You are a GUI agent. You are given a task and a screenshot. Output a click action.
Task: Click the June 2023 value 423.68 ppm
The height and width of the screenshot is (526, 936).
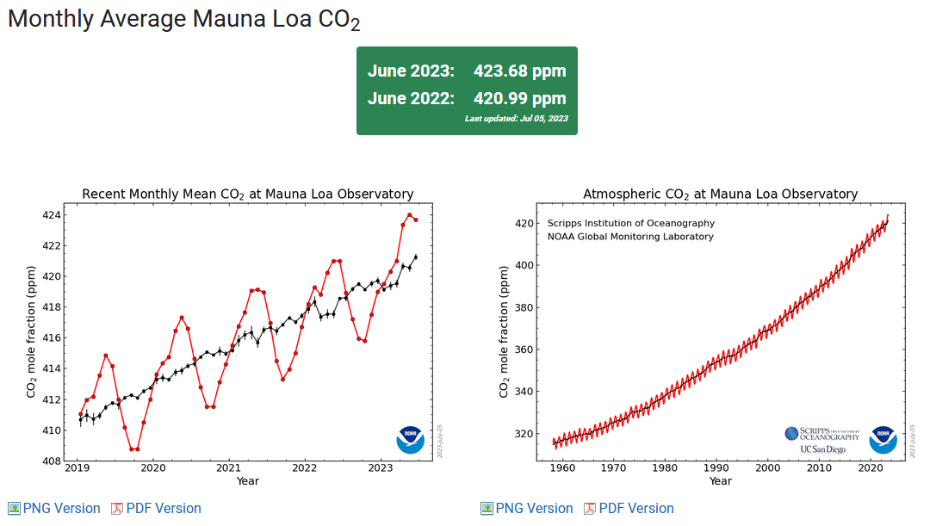pyautogui.click(x=519, y=71)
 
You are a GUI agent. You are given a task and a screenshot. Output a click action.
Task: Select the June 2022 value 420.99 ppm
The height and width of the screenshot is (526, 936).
pyautogui.click(x=519, y=98)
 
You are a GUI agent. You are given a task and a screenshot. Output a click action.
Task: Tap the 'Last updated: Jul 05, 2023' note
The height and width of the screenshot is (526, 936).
pyautogui.click(x=516, y=119)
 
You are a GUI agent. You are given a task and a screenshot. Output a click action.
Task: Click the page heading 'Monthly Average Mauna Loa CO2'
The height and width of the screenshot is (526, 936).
pyautogui.click(x=183, y=20)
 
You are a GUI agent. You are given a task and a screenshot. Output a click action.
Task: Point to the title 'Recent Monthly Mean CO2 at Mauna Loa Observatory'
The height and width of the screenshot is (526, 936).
pyautogui.click(x=247, y=195)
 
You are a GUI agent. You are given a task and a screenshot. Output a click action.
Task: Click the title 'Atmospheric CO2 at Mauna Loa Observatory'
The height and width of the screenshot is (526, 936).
pyautogui.click(x=720, y=195)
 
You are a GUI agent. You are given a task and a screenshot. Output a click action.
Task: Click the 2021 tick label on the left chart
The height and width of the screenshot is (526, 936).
pyautogui.click(x=228, y=468)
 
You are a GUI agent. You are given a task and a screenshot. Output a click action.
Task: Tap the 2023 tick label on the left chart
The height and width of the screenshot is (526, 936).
pyautogui.click(x=381, y=468)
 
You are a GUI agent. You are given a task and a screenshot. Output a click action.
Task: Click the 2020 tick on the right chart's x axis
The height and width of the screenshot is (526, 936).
pyautogui.click(x=870, y=468)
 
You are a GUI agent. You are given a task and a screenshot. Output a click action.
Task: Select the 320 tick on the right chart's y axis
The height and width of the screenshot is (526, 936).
pyautogui.click(x=524, y=434)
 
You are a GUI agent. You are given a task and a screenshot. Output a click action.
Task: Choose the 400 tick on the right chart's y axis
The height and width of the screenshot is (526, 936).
pyautogui.click(x=524, y=265)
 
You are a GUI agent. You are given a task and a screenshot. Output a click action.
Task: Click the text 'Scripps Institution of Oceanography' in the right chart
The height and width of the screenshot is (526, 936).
pyautogui.click(x=631, y=224)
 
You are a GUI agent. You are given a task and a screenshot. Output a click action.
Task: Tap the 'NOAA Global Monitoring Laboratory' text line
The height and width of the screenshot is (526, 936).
pyautogui.click(x=630, y=237)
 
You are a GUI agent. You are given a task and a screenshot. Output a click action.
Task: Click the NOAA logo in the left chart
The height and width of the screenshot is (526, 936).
pyautogui.click(x=410, y=439)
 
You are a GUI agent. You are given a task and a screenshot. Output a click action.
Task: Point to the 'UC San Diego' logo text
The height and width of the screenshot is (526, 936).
pyautogui.click(x=822, y=449)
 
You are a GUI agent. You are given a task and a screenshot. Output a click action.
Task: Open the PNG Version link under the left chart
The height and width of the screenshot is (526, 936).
pyautogui.click(x=61, y=509)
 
